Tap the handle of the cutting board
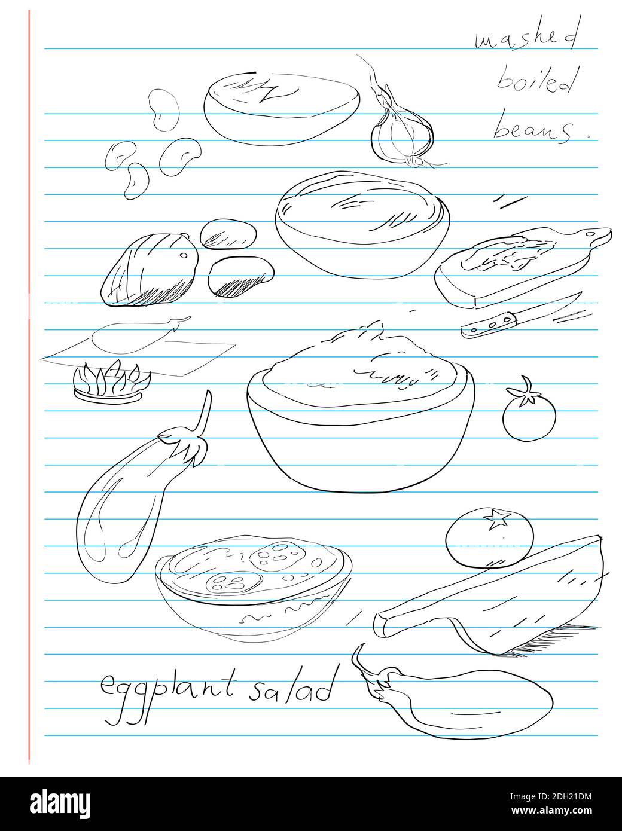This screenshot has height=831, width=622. pyautogui.click(x=595, y=236)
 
